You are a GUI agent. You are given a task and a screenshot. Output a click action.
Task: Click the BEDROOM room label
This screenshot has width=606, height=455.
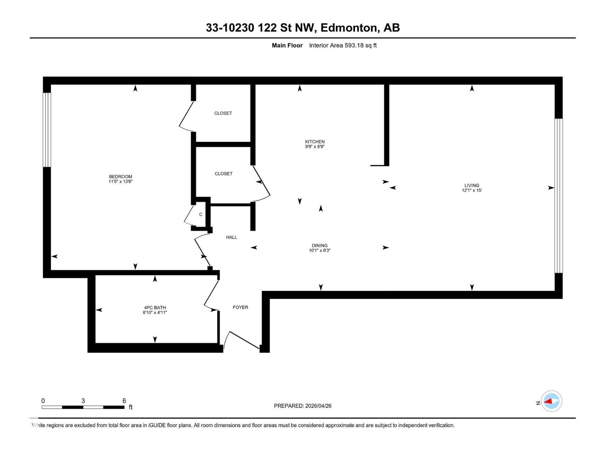(x=120, y=176)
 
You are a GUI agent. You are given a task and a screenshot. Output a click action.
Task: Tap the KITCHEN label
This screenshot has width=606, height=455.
(x=315, y=141)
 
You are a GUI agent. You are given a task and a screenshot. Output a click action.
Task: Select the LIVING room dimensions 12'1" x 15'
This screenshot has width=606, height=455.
(x=472, y=190)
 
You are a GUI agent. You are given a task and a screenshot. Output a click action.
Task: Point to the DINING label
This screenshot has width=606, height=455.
(x=319, y=245)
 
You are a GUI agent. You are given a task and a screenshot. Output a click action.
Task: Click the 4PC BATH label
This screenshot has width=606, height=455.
(x=155, y=308)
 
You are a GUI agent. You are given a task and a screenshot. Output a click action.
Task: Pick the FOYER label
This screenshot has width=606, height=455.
(x=240, y=307)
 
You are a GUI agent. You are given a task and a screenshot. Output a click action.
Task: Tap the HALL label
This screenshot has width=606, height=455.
(x=231, y=237)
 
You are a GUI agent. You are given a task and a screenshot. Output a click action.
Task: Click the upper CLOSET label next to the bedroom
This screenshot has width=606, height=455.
(x=223, y=113)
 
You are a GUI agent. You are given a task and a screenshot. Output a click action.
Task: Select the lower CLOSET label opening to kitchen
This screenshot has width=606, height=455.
(x=223, y=173)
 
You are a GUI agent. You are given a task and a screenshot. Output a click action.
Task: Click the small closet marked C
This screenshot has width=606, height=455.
(x=200, y=214)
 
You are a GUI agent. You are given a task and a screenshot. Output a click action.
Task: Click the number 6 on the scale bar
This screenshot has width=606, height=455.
(x=124, y=400)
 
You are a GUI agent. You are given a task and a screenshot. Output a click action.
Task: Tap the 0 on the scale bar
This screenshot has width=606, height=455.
(x=43, y=400)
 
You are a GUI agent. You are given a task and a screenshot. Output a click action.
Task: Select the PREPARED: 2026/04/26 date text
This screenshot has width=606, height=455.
(x=302, y=406)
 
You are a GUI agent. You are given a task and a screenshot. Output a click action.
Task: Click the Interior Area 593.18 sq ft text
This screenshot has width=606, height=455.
(x=342, y=45)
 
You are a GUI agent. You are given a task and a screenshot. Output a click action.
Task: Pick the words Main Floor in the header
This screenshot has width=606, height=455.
(x=287, y=45)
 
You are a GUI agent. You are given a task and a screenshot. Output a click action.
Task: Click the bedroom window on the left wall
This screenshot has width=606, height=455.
(x=47, y=130)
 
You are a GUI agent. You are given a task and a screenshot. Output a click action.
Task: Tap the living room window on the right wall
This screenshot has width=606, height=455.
(x=558, y=195)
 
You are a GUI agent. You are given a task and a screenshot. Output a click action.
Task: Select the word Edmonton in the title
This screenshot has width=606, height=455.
(x=349, y=28)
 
